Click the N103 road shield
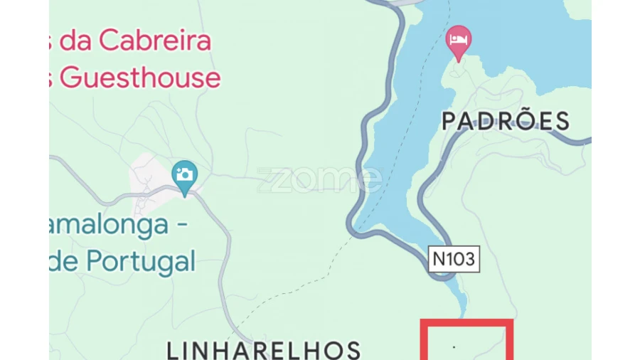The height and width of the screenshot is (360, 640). (x=454, y=259)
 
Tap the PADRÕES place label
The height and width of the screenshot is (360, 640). (x=506, y=121)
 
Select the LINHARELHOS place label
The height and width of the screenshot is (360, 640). (x=264, y=350)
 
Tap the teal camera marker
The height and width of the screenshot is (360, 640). (x=185, y=175)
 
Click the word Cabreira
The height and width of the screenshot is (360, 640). (x=154, y=41)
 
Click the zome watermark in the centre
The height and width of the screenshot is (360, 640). (x=319, y=180)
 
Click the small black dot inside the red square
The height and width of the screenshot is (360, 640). (x=454, y=348)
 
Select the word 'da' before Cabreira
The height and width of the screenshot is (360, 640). (x=78, y=41)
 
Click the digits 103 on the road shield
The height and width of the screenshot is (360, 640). (x=460, y=259)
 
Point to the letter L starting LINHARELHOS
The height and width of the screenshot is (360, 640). (x=174, y=350)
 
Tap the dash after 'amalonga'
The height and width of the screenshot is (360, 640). (x=182, y=226)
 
